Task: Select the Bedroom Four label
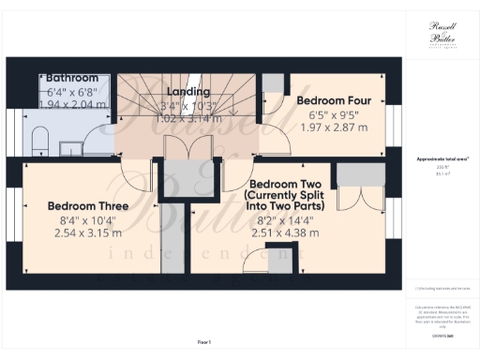[x=335, y=99]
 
